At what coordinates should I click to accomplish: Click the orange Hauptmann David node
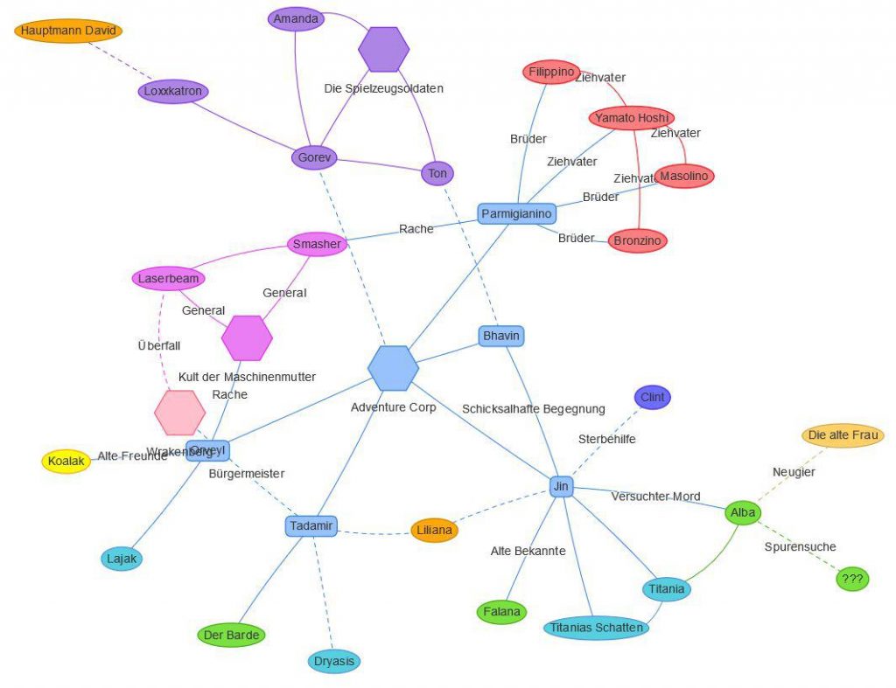pyautogui.click(x=68, y=31)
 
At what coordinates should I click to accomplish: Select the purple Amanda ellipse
pyautogui.click(x=296, y=19)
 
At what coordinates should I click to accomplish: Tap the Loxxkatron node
pyautogui.click(x=173, y=91)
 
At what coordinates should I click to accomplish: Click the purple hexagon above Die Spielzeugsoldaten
pyautogui.click(x=383, y=49)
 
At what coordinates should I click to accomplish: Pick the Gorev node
pyautogui.click(x=313, y=158)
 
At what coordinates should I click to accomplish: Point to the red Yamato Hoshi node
pyautogui.click(x=631, y=117)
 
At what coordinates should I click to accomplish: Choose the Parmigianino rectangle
pyautogui.click(x=517, y=213)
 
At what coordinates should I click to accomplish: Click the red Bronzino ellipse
pyautogui.click(x=637, y=240)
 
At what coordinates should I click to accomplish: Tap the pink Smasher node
pyautogui.click(x=317, y=244)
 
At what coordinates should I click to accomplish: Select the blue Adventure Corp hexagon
pyautogui.click(x=393, y=368)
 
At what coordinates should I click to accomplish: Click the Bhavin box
pyautogui.click(x=502, y=336)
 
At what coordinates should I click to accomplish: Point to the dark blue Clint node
pyautogui.click(x=653, y=397)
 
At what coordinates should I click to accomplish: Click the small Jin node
pyautogui.click(x=561, y=486)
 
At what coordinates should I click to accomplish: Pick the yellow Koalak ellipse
pyautogui.click(x=66, y=462)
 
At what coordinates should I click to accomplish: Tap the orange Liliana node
pyautogui.click(x=434, y=530)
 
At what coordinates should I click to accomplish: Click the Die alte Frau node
pyautogui.click(x=843, y=435)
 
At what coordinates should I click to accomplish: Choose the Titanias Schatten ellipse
pyautogui.click(x=596, y=628)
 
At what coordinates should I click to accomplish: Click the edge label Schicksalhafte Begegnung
pyautogui.click(x=534, y=408)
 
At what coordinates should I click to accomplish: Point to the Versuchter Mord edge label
pyautogui.click(x=655, y=497)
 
